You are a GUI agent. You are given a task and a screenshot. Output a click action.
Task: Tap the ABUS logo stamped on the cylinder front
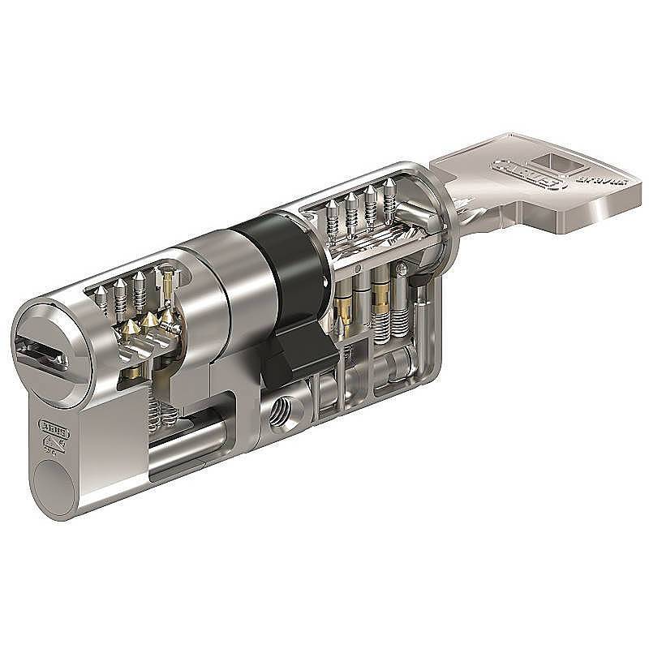(x=50, y=428)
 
